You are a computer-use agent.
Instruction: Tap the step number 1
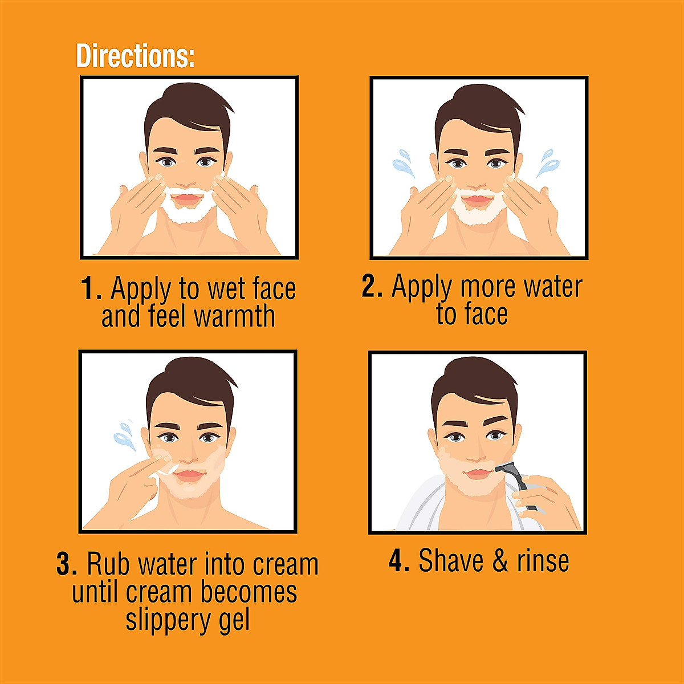(91, 288)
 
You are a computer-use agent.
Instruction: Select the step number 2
(372, 286)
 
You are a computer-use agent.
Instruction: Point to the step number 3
(67, 564)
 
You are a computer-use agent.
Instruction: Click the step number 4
(399, 560)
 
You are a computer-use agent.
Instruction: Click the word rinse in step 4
(543, 560)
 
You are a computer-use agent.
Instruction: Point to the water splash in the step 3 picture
(124, 434)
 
